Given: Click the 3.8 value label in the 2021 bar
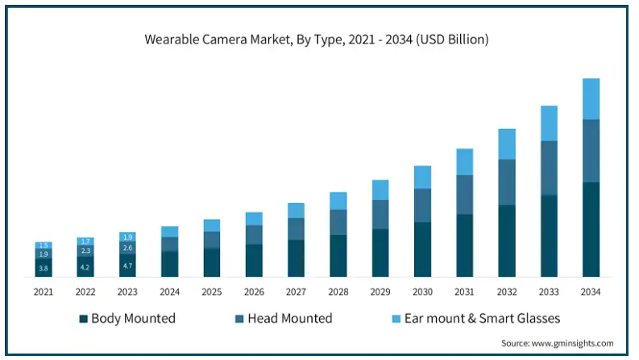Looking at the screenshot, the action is [44, 268].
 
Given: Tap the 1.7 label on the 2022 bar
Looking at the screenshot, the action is [85, 242].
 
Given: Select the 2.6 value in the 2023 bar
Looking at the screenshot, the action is [127, 247].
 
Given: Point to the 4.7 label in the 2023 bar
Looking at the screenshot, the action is [127, 266].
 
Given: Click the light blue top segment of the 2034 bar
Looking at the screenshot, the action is [591, 99].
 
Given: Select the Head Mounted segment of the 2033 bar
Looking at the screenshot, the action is [549, 168].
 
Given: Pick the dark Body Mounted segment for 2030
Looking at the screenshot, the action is [422, 250].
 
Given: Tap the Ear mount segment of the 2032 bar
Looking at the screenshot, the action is [507, 144].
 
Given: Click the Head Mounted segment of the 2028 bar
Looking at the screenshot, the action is [338, 222].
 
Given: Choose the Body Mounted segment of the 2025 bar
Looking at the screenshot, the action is [212, 263].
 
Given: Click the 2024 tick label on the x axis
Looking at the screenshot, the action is [169, 292].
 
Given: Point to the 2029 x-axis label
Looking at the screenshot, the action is [380, 292].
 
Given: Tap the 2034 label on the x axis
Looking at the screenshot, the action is [591, 292].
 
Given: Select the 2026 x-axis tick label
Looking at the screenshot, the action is [254, 292].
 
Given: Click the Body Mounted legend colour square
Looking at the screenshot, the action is [84, 319].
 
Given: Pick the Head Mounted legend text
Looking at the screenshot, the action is [290, 318].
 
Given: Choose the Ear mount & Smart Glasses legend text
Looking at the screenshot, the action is [482, 318].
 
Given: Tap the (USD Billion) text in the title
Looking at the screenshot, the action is [452, 39].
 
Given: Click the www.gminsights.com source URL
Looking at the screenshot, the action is [573, 343].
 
